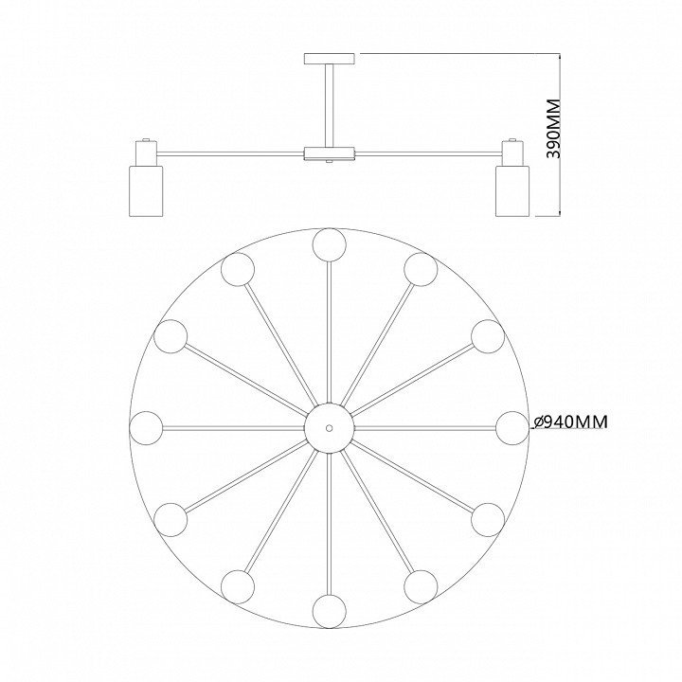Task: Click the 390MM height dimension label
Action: point(553,129)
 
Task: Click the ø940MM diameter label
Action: point(569,422)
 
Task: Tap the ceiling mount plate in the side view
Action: point(330,59)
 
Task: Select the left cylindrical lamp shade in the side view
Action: point(146,190)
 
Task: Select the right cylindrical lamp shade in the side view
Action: point(512,190)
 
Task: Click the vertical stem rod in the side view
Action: point(330,106)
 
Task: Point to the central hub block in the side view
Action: point(330,153)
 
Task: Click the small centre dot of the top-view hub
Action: point(330,428)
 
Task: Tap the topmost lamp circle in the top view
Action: point(330,244)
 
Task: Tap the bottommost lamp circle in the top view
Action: point(330,612)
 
